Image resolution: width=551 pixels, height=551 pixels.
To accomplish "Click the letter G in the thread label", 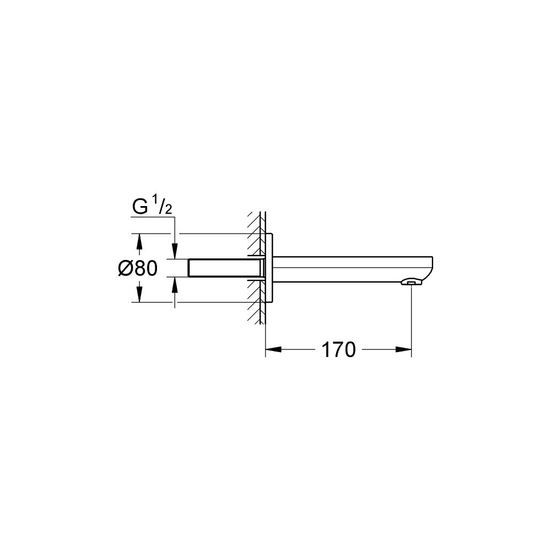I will tap(139, 207).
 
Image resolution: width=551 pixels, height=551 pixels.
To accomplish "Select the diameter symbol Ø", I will tap(126, 268).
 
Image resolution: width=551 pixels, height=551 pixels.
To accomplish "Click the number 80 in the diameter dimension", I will tap(147, 268).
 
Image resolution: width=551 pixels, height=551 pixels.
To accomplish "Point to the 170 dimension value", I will tap(338, 349).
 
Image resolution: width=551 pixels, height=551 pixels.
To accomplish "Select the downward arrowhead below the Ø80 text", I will tap(139, 295).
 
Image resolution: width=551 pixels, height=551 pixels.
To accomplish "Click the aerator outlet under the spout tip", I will tap(411, 283).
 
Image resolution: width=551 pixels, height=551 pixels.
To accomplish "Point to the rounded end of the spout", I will tap(434, 267).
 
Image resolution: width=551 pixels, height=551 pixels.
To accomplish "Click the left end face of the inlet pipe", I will tap(189, 268).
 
